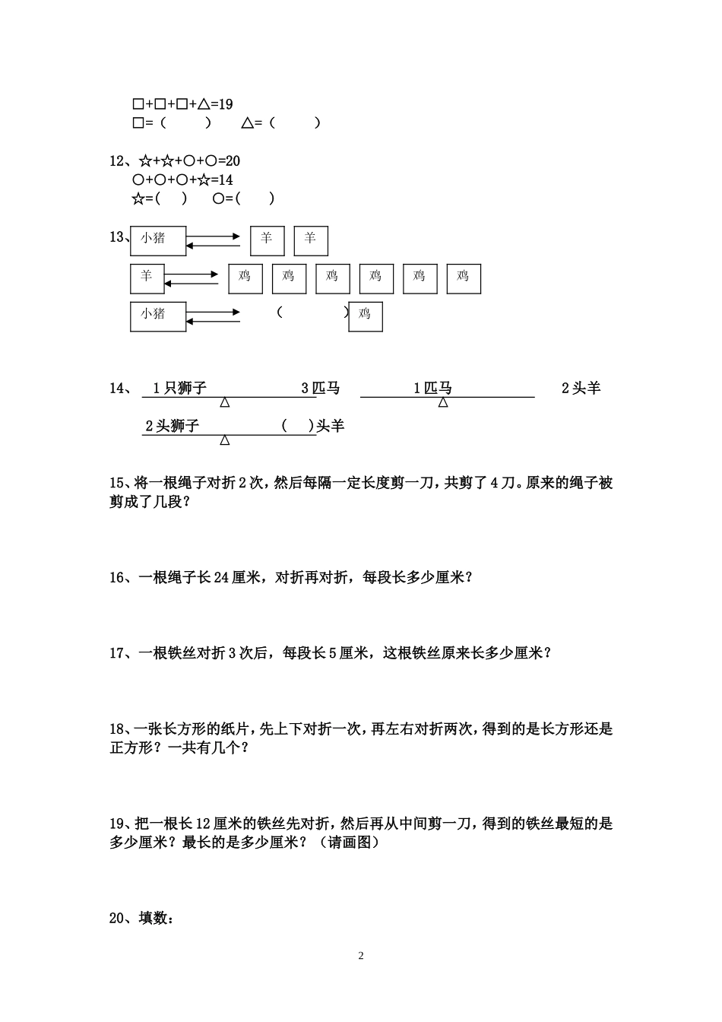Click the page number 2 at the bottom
coord(361,956)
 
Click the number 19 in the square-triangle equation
coord(225,104)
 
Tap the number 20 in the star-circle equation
coord(233,161)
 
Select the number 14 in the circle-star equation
coord(225,180)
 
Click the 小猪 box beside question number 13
coord(158,240)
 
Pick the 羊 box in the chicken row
coord(147,278)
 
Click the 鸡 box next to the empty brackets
coord(366,316)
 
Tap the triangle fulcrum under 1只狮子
coord(225,402)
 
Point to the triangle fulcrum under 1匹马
coord(443,402)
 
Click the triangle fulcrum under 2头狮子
coord(225,440)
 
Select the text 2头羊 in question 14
coord(581,389)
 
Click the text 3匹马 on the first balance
coord(320,389)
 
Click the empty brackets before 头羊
coord(297,426)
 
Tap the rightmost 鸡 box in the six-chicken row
coord(464,278)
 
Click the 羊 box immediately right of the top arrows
coord(267,240)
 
